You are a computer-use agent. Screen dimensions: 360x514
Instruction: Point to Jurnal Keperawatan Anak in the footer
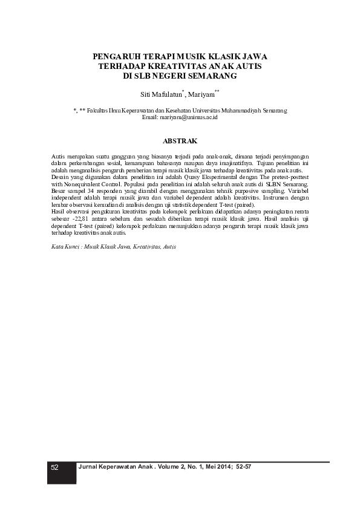[113, 467]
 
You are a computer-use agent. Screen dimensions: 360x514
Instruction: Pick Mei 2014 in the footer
[215, 467]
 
